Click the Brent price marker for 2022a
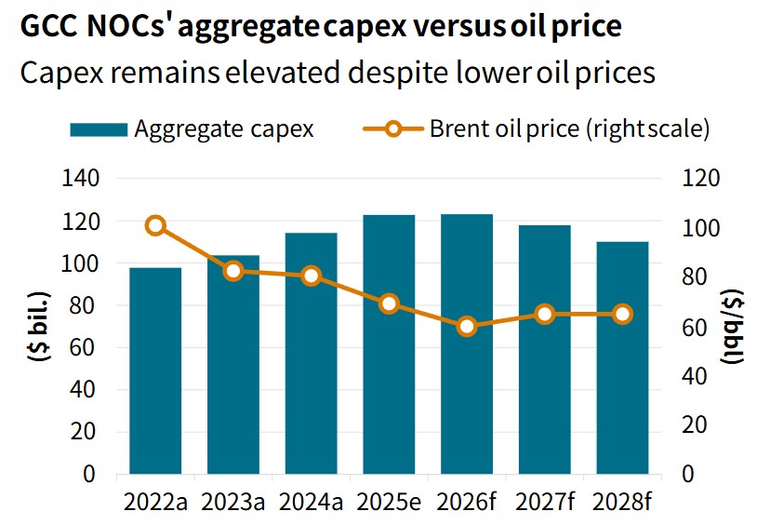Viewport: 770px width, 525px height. coord(155,225)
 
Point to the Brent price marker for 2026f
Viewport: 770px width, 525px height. coord(467,326)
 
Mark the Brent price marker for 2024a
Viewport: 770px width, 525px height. coord(312,276)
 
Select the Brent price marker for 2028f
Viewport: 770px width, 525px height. coord(622,314)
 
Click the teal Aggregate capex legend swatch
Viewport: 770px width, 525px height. coord(99,129)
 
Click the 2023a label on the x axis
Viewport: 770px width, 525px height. coord(233,503)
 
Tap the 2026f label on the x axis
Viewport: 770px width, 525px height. coord(467,503)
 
